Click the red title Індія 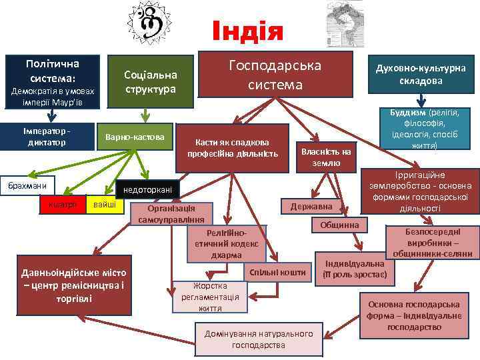click(x=247, y=31)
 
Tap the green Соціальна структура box click(x=151, y=81)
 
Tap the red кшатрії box click(x=62, y=203)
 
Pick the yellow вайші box click(x=105, y=203)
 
